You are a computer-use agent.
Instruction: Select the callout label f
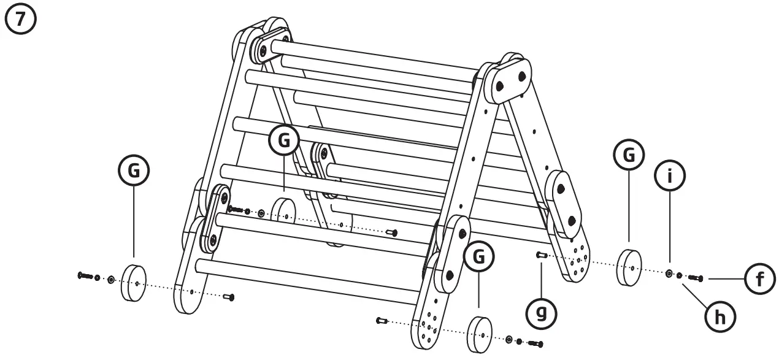tap(760, 279)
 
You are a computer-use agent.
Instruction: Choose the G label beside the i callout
tap(629, 158)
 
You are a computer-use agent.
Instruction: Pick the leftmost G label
tap(134, 172)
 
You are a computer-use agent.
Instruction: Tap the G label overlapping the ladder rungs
tap(285, 140)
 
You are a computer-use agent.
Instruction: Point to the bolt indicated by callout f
tap(696, 278)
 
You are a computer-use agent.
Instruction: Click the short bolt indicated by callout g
tap(540, 255)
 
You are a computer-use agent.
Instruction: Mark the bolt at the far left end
tap(85, 275)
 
